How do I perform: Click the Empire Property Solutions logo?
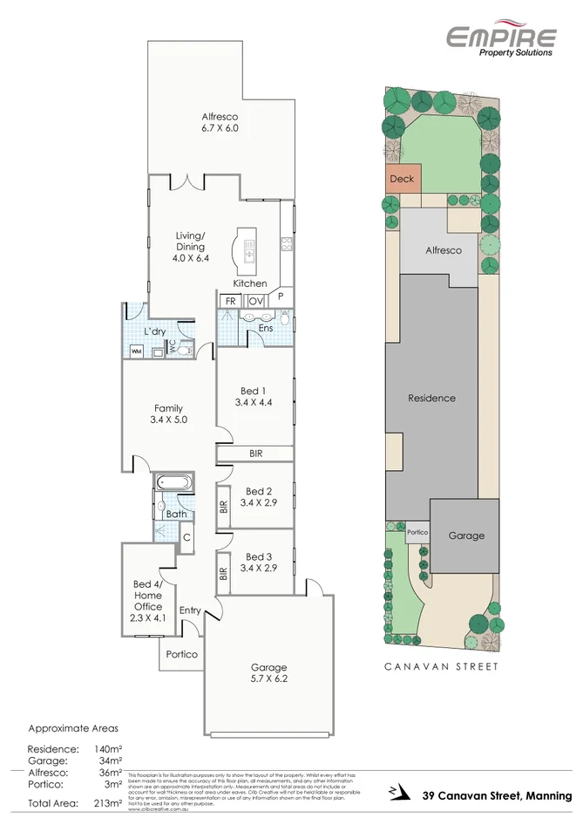coord(501,40)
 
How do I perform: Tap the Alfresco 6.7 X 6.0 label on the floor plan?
coord(220,122)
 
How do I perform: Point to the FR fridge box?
coord(230,301)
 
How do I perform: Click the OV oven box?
coord(255,301)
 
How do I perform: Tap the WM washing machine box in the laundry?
coord(137,351)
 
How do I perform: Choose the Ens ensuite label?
coord(266,328)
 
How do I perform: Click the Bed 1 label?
coord(254,396)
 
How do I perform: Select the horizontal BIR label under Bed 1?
coord(255,453)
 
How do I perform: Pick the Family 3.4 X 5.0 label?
coord(168,413)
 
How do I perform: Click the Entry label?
coord(190,610)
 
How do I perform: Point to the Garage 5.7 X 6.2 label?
coord(268,674)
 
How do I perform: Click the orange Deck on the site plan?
coord(402,180)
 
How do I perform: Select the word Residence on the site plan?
coord(431,398)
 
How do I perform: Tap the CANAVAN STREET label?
coord(442,666)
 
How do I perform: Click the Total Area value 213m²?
coord(106,803)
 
